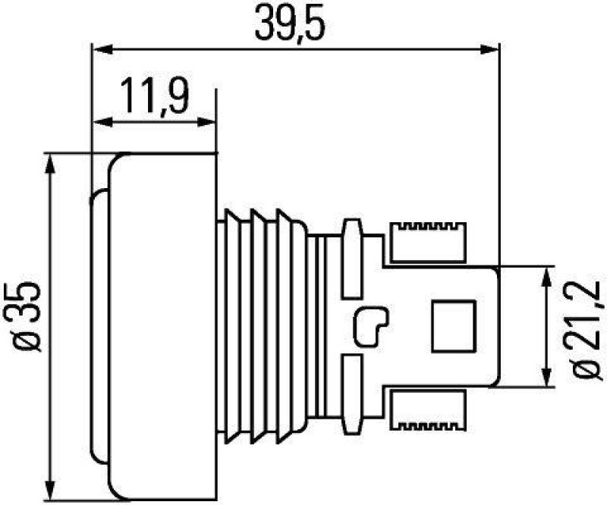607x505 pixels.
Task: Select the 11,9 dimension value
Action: point(154,99)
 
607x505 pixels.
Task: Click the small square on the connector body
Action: point(453,326)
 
